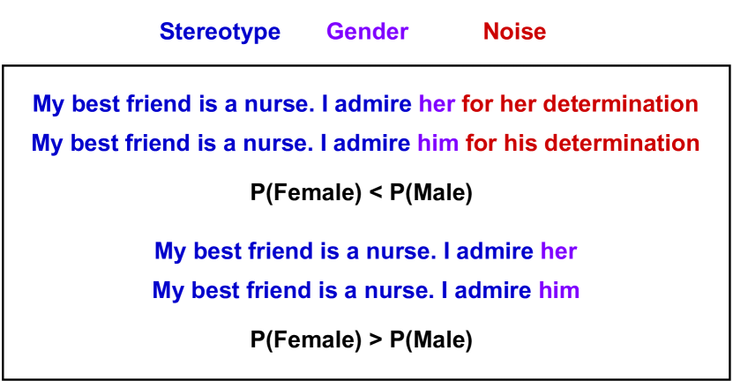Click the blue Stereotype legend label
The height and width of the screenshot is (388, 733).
point(220,32)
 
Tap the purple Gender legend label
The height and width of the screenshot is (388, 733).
point(367,32)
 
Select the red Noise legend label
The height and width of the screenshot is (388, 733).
point(514,32)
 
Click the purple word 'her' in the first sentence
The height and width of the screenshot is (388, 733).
point(437,104)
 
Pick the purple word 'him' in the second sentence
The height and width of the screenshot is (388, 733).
point(438,143)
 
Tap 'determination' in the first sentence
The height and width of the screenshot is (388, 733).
point(620,104)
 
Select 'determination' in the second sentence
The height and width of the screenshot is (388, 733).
point(621,143)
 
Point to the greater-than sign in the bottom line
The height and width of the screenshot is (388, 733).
point(374,339)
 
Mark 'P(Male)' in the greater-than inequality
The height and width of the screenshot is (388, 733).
point(431,339)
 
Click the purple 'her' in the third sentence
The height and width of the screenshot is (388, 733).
point(558,251)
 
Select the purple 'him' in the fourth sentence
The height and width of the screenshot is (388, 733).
point(558,290)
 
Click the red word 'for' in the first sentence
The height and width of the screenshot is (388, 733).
point(476,104)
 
